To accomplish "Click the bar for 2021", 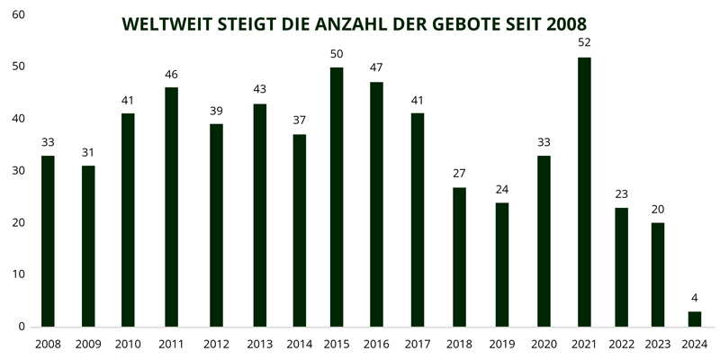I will pyautogui.click(x=584, y=192).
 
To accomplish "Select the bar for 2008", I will pyautogui.click(x=48, y=241).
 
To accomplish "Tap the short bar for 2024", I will pyautogui.click(x=694, y=319).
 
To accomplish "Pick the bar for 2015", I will pyautogui.click(x=337, y=197).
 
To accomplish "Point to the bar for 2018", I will pyautogui.click(x=459, y=256).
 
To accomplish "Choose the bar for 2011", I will pyautogui.click(x=171, y=207).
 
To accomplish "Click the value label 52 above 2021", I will pyautogui.click(x=584, y=42).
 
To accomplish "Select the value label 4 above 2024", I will pyautogui.click(x=694, y=297).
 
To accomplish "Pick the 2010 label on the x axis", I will pyautogui.click(x=128, y=344).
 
